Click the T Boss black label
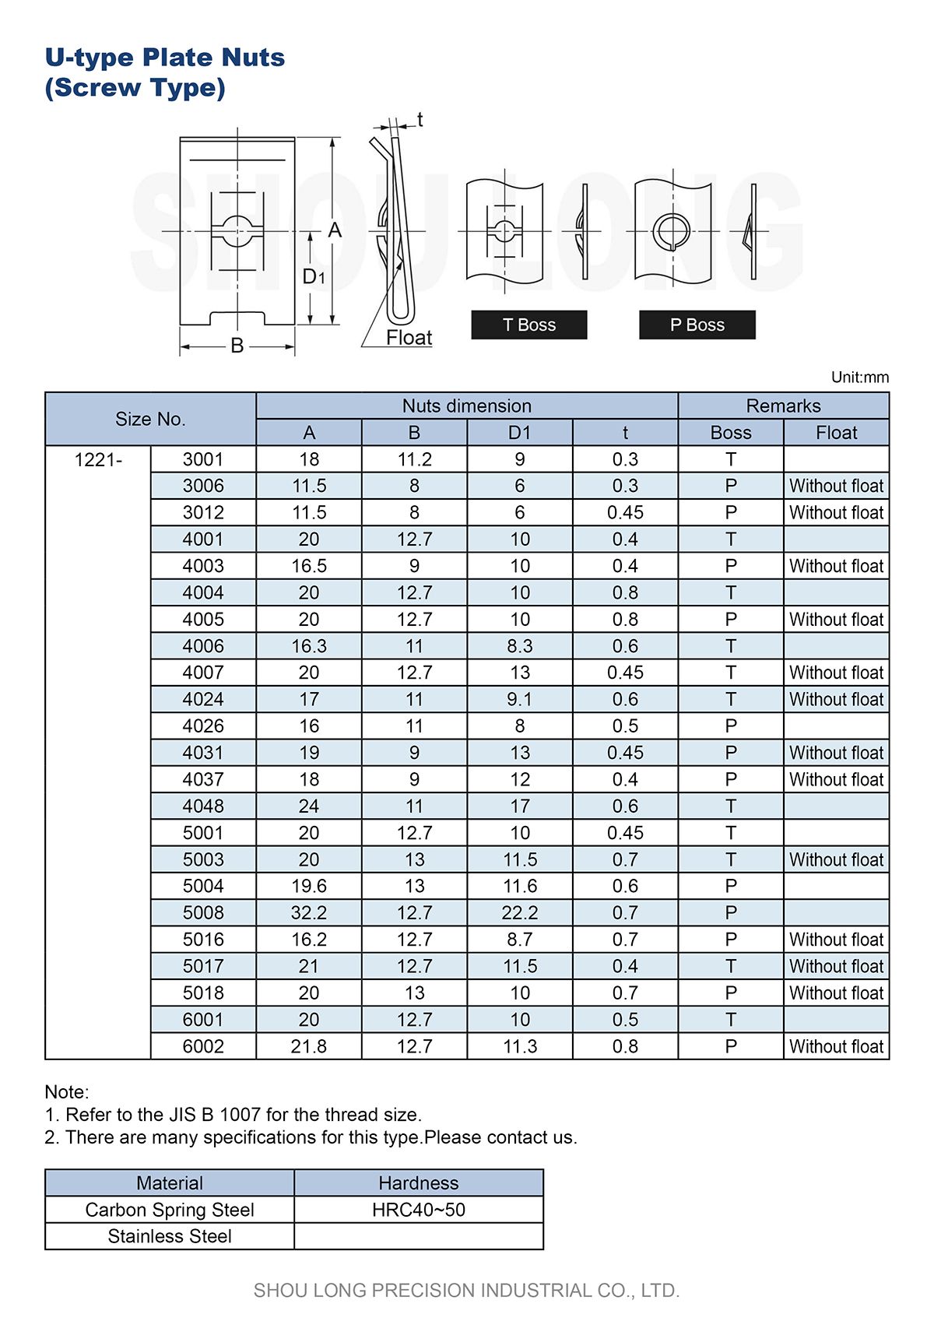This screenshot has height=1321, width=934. click(x=528, y=325)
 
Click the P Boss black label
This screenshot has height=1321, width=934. click(x=697, y=325)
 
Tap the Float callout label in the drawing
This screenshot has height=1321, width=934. click(x=409, y=338)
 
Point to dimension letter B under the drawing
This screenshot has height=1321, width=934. click(x=237, y=346)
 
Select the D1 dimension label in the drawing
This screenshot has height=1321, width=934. click(x=313, y=276)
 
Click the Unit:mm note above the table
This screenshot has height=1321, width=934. click(x=859, y=378)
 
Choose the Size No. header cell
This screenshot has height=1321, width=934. click(x=150, y=419)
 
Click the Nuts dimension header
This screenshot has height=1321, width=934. click(x=466, y=406)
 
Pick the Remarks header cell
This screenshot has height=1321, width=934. click(x=783, y=406)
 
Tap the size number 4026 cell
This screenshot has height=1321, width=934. click(x=203, y=726)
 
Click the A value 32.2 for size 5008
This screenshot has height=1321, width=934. click(x=309, y=913)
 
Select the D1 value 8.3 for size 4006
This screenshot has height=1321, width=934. click(x=519, y=646)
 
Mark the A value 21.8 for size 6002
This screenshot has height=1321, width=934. click(x=309, y=1046)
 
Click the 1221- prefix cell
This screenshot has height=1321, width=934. click(x=98, y=460)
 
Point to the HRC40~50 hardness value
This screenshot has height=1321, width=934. click(x=419, y=1210)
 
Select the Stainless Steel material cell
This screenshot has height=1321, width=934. click(x=170, y=1236)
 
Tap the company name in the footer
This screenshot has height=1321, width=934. click(x=466, y=1290)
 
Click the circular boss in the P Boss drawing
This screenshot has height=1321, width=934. click(x=671, y=230)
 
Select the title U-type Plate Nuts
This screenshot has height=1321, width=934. click(x=165, y=58)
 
